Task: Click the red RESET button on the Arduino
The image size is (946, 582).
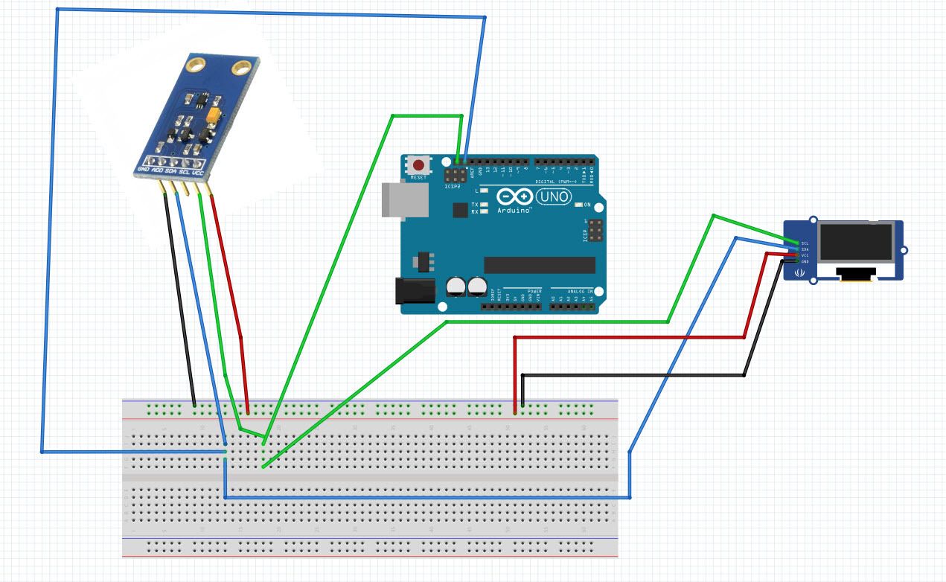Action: (x=418, y=165)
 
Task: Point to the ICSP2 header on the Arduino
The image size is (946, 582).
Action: (x=453, y=177)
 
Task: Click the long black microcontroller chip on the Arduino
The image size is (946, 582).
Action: (x=540, y=265)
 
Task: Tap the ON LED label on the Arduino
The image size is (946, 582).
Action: (x=587, y=205)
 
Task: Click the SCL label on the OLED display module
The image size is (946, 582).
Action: (x=805, y=243)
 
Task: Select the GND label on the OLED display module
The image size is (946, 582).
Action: (x=805, y=261)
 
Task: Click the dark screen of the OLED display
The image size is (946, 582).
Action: (x=855, y=243)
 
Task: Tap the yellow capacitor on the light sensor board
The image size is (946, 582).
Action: (x=214, y=116)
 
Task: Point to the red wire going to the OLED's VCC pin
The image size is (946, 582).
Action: (x=633, y=337)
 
